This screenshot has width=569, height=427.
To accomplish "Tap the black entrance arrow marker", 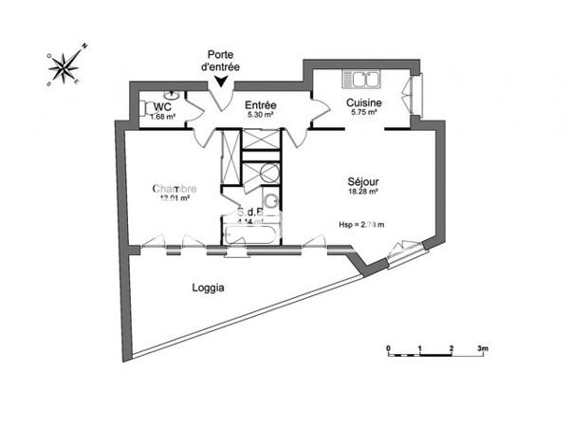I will click(x=222, y=83).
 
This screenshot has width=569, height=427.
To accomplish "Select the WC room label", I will click(x=162, y=106).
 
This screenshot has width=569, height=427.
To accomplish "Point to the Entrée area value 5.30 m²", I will click(x=260, y=115).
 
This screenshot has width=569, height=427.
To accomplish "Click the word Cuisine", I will click(x=363, y=102).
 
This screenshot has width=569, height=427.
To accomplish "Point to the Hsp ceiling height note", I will click(x=362, y=224).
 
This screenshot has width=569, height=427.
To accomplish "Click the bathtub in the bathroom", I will click(x=251, y=233).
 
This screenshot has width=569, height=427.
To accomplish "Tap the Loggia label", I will click(x=208, y=288).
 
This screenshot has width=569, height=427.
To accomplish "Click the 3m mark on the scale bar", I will click(x=482, y=348).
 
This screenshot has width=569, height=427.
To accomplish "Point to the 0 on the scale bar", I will click(x=389, y=348).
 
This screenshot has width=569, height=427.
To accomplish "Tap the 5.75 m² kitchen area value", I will click(x=363, y=113).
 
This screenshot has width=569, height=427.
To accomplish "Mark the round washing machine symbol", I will click(x=268, y=173).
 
